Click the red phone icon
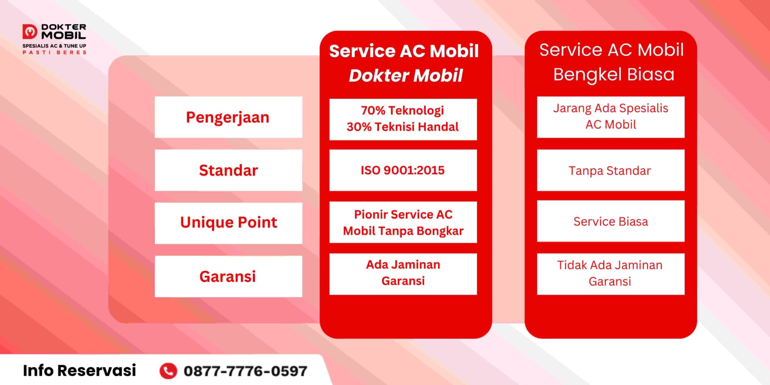click(x=168, y=371)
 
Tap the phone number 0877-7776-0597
click(x=245, y=371)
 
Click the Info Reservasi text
click(x=79, y=370)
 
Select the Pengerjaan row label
click(x=228, y=117)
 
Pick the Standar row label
click(x=228, y=170)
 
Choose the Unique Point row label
click(x=228, y=223)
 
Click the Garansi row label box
click(x=228, y=276)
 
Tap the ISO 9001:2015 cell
click(x=403, y=170)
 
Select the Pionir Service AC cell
click(x=403, y=222)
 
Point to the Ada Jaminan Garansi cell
click(x=403, y=273)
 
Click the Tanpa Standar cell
click(x=610, y=171)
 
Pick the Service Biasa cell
click(x=610, y=221)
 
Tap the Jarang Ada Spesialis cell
click(x=610, y=117)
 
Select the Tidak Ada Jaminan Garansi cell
click(x=610, y=273)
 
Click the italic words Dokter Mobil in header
click(x=406, y=76)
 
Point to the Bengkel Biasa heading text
click(x=614, y=74)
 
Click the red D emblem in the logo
click(x=30, y=32)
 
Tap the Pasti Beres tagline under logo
click(x=55, y=53)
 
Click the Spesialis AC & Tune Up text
click(x=55, y=46)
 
